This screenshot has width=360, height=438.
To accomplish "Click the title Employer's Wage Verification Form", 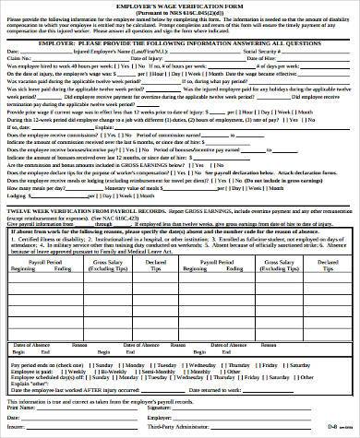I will coord(179,6).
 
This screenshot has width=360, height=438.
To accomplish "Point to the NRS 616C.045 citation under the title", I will coord(179,14).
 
